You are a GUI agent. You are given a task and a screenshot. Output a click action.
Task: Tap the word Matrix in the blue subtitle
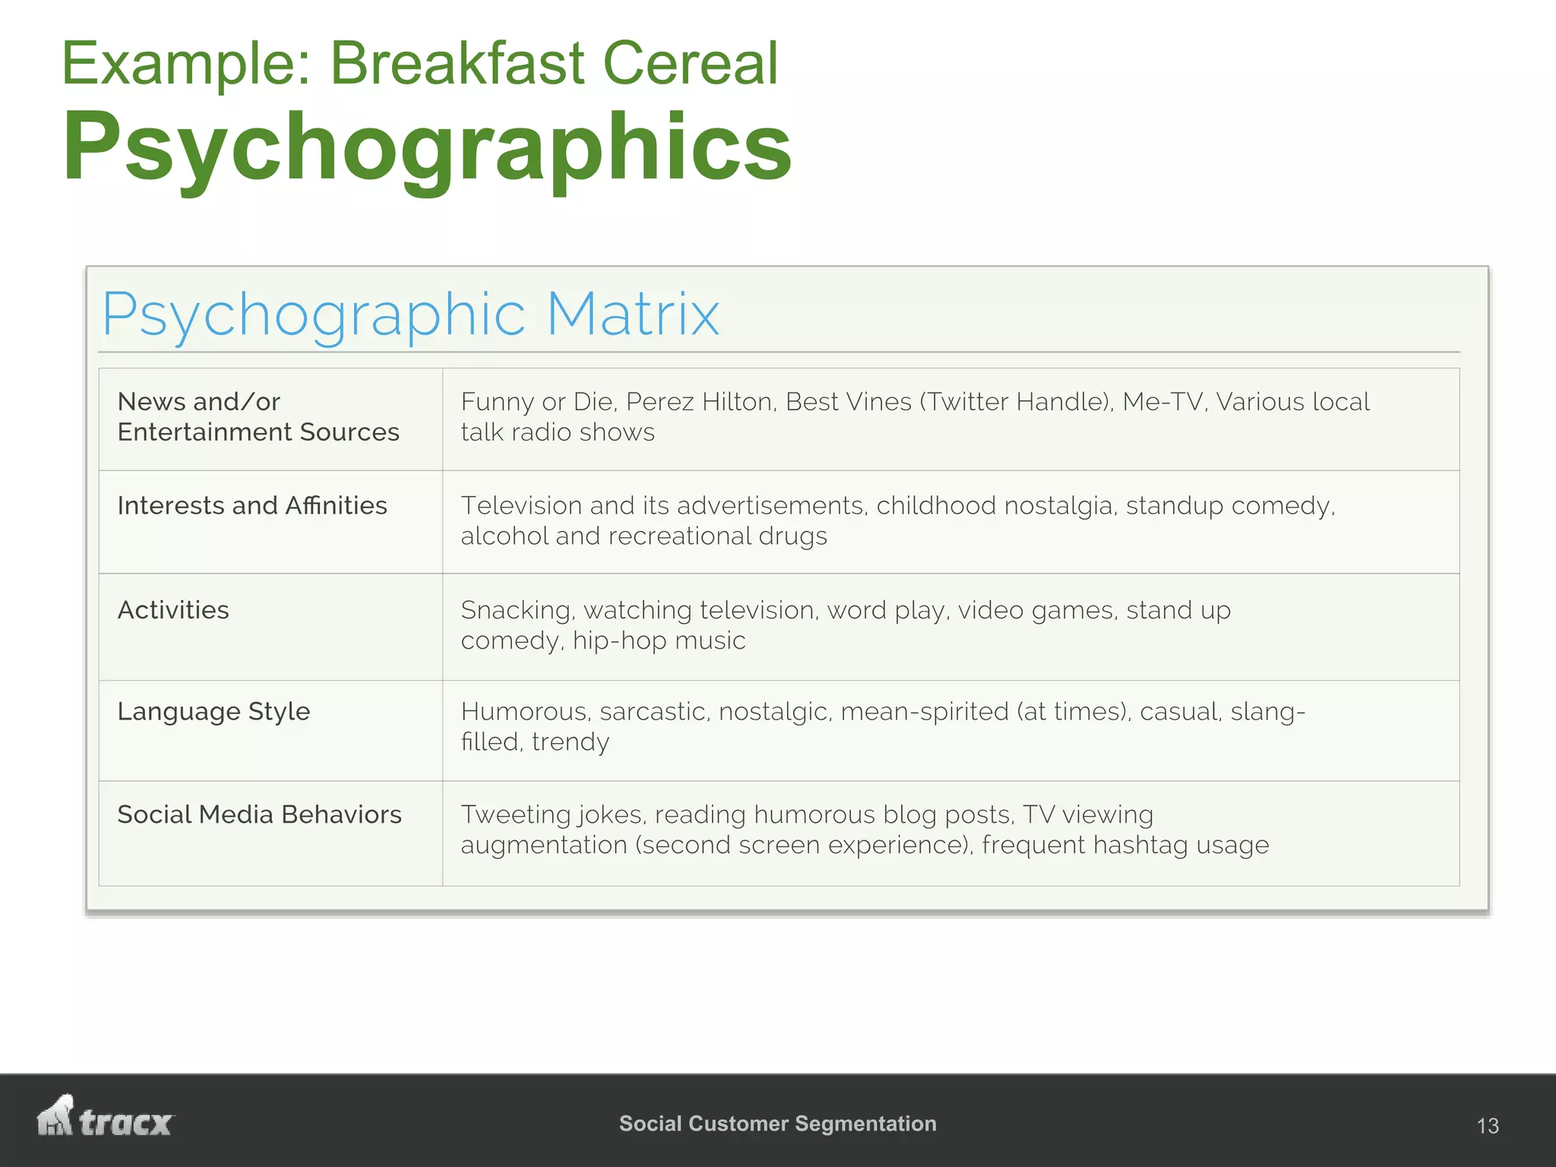pos(632,315)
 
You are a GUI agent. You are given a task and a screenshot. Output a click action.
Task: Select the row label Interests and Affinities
pos(252,506)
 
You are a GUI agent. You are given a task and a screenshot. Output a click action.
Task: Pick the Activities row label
pos(173,610)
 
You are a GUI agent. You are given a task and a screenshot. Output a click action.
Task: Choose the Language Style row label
pos(213,712)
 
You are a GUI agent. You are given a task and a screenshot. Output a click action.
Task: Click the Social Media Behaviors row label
pos(259,814)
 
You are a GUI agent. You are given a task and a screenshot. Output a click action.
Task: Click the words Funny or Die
pos(535,402)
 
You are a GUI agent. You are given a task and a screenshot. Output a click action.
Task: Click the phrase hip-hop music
pos(659,641)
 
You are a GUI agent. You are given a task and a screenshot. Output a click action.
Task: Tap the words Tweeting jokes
pos(553,814)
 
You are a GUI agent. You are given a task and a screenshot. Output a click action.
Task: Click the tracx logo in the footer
pos(106,1118)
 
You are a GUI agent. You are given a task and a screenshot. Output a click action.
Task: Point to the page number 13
pos(1487,1125)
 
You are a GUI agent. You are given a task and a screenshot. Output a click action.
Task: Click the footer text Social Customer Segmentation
pos(777,1124)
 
